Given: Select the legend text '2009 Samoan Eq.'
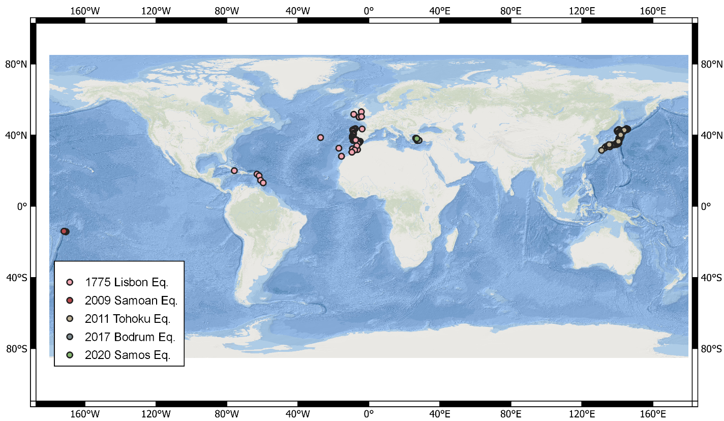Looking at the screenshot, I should [x=131, y=300].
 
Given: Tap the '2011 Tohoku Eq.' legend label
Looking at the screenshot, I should [x=128, y=319].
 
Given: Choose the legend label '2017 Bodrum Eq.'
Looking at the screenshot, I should [x=130, y=337].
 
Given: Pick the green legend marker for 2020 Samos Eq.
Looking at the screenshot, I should [x=70, y=355].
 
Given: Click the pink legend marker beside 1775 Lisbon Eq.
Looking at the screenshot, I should [x=70, y=282].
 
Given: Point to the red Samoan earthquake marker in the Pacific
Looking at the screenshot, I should [x=64, y=231].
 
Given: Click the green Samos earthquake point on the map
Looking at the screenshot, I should [x=416, y=138].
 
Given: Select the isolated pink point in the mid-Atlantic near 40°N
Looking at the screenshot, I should [x=320, y=137].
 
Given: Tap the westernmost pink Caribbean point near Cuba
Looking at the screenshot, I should [x=234, y=171].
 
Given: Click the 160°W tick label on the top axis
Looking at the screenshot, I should [x=85, y=10].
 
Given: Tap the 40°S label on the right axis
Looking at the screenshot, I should [x=711, y=278].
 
